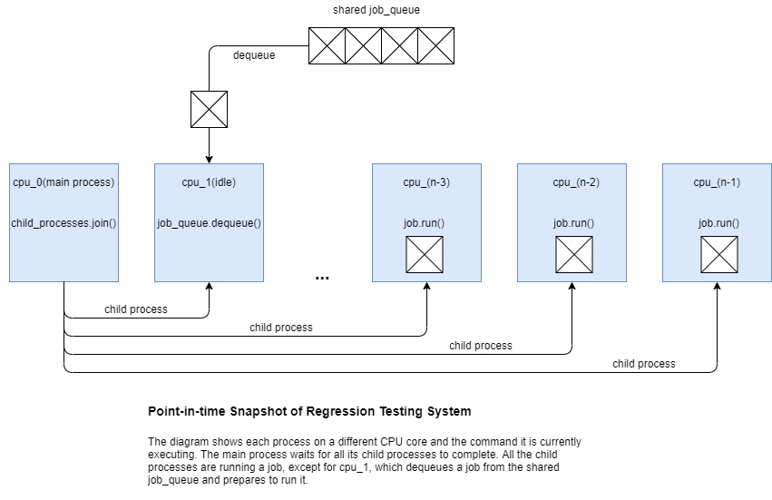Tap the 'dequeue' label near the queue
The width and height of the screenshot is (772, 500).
point(254,55)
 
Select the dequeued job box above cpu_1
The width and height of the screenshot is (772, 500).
point(209,109)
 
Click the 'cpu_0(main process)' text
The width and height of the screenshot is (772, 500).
point(64,182)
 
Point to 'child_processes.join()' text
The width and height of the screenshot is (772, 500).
point(64,223)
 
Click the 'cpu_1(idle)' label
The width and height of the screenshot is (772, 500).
point(209,182)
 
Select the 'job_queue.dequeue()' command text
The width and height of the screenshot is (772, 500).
point(209,223)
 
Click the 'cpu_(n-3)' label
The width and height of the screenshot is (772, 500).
point(426,182)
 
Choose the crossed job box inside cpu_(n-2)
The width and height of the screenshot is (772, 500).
point(573,254)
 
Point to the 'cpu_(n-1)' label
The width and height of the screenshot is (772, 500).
point(717,182)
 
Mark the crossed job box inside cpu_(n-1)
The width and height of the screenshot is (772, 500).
point(718,254)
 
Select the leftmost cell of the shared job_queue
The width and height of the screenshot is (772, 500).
point(327,45)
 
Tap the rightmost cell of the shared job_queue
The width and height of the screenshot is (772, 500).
point(435,45)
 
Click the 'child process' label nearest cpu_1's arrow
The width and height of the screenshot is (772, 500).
point(136,309)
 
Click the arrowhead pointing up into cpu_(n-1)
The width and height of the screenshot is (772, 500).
point(718,287)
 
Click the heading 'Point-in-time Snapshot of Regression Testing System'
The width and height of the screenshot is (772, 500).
point(309,412)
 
